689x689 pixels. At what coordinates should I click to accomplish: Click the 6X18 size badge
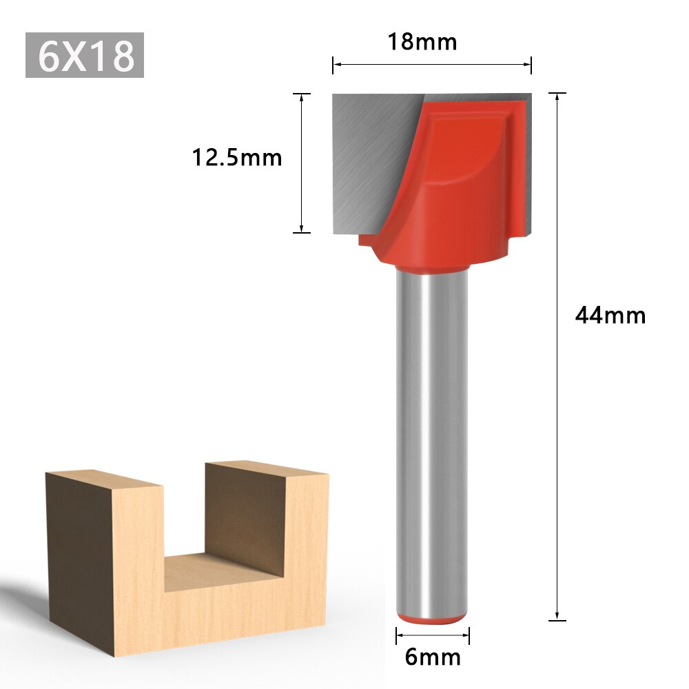click(85, 55)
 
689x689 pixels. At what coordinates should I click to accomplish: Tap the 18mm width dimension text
click(422, 41)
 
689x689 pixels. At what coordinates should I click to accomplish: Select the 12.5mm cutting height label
click(237, 158)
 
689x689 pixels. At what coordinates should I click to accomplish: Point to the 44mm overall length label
click(610, 316)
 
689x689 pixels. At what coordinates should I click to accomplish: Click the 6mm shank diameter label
click(433, 657)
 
